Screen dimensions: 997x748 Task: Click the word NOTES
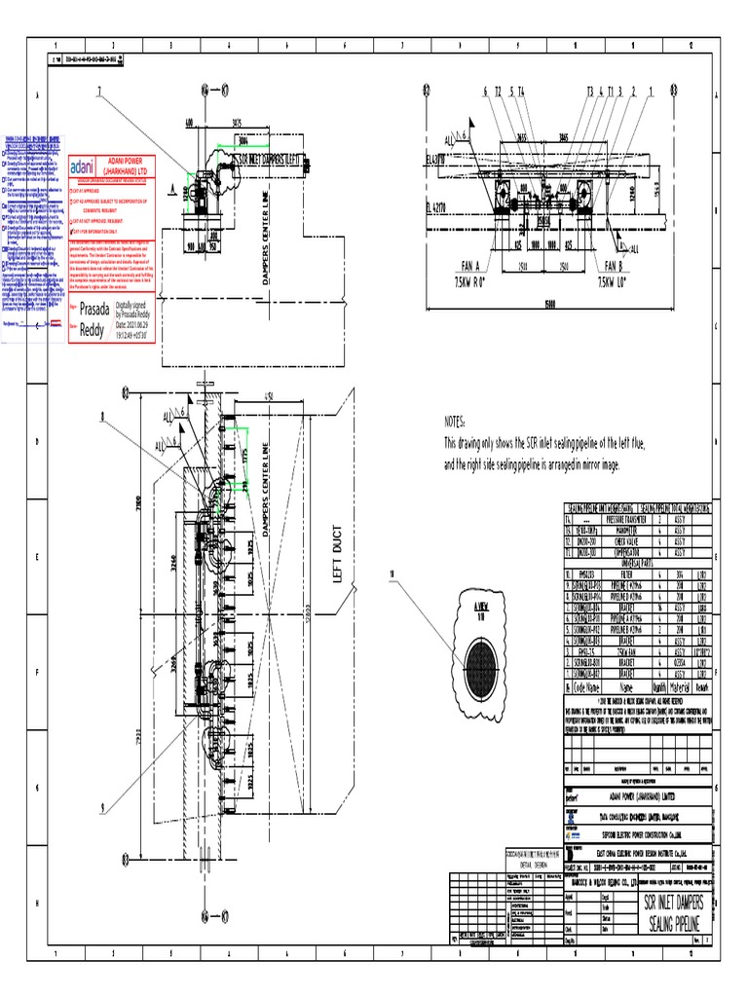[x=455, y=424]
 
